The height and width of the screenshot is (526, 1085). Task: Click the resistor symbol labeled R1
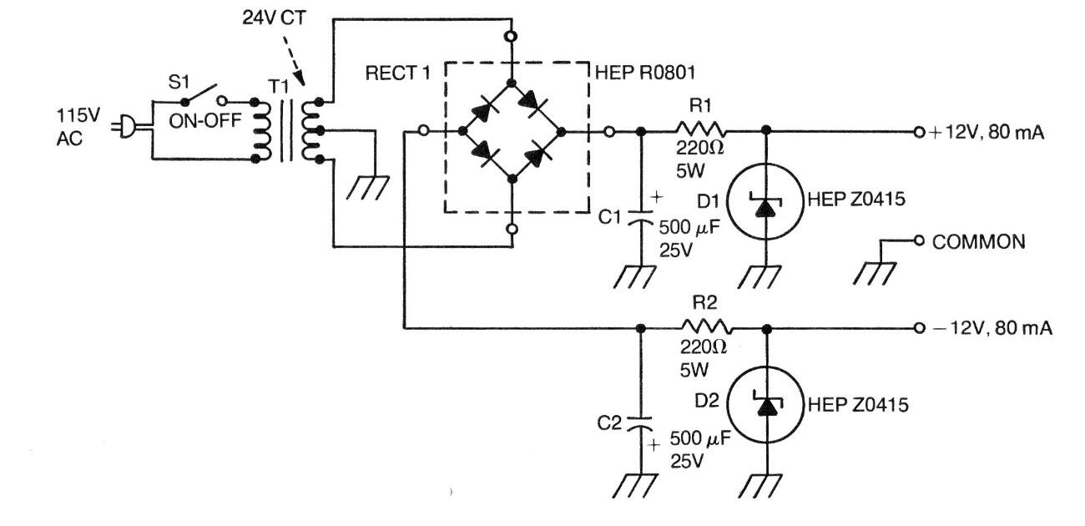tap(701, 131)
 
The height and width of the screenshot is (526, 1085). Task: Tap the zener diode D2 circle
tap(765, 404)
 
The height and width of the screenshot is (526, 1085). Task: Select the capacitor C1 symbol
tap(640, 213)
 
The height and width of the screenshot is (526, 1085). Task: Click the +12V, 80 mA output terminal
tap(919, 131)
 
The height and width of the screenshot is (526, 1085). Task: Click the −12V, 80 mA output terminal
tap(919, 327)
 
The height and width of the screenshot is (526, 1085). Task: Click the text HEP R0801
tap(635, 73)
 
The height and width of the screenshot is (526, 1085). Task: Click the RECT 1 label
tap(397, 73)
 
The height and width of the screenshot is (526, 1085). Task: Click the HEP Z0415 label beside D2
tap(855, 405)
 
